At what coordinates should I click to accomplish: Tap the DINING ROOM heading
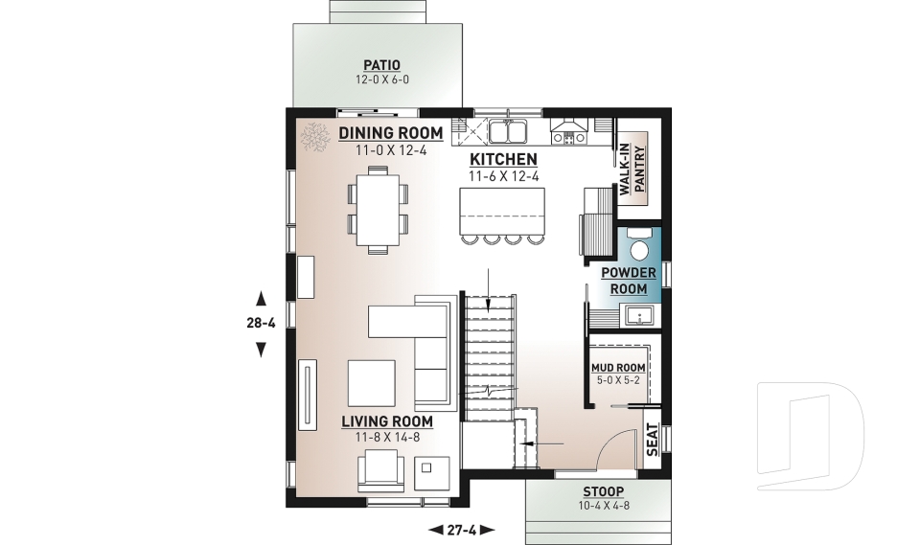(x=390, y=133)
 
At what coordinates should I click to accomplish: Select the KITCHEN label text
(x=502, y=159)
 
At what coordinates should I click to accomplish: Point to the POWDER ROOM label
(x=629, y=281)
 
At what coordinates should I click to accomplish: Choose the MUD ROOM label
(x=617, y=367)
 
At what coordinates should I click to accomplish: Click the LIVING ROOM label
(x=387, y=420)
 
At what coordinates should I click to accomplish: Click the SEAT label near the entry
(x=653, y=442)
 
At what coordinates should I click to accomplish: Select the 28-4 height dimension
(x=260, y=323)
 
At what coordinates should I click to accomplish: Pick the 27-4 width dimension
(x=461, y=529)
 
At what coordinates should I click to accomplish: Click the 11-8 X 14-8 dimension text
(x=387, y=437)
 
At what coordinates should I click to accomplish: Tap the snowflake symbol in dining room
(x=312, y=138)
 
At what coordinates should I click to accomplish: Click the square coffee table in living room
(x=370, y=382)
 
